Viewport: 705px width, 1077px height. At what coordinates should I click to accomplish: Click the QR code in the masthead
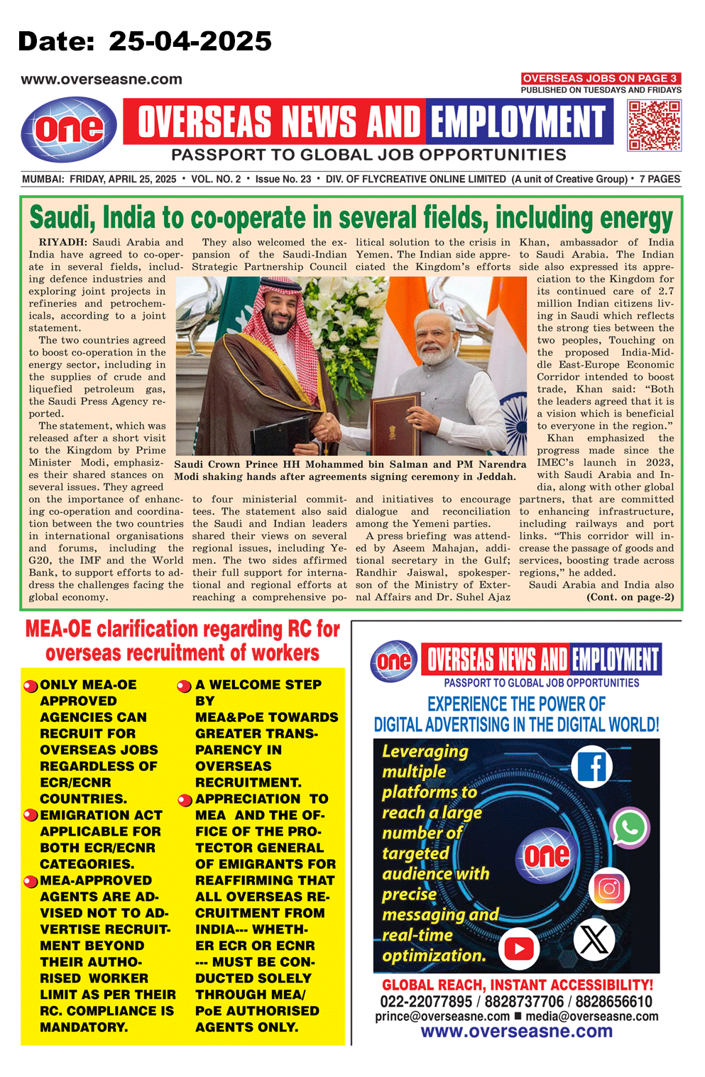click(654, 125)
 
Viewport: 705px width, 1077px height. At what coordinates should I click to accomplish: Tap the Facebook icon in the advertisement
click(592, 767)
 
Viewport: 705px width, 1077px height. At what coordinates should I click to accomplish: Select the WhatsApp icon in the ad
click(630, 827)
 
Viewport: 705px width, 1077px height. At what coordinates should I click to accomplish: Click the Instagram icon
click(610, 889)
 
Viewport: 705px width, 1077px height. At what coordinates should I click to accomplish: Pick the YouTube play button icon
click(519, 948)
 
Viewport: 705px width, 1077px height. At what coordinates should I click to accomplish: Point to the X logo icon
click(594, 939)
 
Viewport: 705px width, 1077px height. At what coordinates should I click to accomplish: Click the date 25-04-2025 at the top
click(190, 41)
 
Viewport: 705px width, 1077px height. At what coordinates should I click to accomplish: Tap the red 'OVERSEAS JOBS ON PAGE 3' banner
click(601, 78)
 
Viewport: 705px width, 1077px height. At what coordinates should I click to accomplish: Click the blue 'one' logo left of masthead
click(69, 129)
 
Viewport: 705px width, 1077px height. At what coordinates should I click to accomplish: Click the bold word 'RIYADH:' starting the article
click(63, 243)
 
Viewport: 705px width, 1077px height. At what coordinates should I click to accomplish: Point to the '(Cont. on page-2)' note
click(630, 597)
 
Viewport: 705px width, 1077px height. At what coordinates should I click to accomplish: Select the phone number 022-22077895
click(426, 1002)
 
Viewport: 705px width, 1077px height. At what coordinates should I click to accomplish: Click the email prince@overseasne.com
click(442, 1017)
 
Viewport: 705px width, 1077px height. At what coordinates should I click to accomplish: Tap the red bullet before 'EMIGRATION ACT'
click(31, 815)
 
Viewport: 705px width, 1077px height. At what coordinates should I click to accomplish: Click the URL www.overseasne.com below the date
click(102, 80)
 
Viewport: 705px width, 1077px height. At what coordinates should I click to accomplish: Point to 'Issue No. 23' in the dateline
click(283, 179)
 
